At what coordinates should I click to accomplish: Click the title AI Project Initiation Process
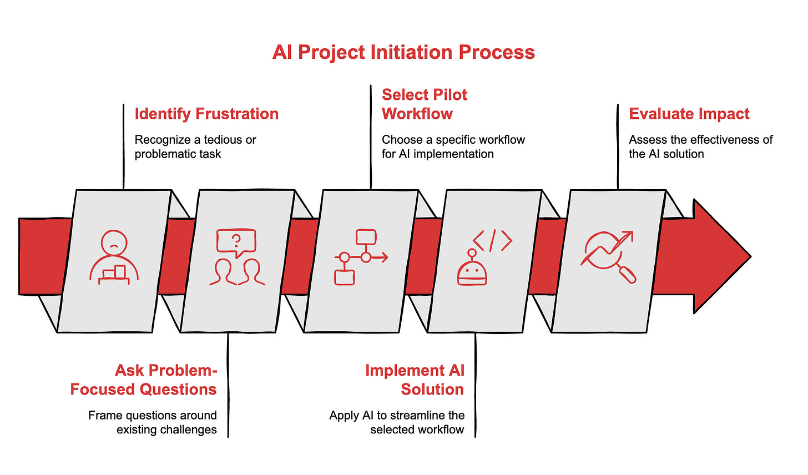tap(403, 52)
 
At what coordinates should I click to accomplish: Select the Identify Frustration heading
tap(206, 114)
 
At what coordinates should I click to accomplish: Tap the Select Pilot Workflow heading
tap(425, 104)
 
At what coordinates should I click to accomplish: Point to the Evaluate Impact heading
tap(689, 114)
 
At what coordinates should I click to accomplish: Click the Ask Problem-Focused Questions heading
tap(144, 380)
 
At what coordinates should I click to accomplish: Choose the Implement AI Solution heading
tap(415, 380)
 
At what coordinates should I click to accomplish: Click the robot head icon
tap(472, 269)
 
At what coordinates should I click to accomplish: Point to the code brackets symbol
tap(492, 241)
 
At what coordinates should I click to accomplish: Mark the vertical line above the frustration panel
tap(123, 146)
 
